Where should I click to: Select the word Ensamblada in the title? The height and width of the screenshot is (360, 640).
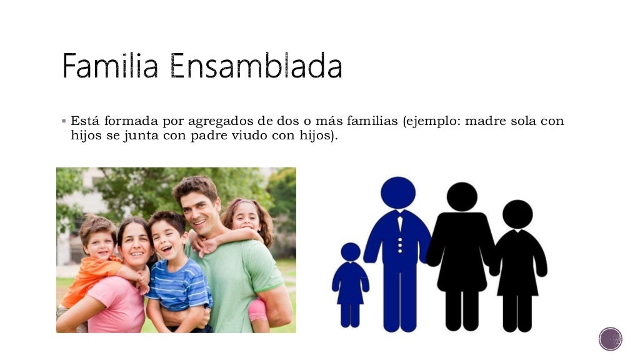(x=256, y=66)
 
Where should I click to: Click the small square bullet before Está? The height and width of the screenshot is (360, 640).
(x=64, y=121)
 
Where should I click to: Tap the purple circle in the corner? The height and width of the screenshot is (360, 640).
(x=610, y=339)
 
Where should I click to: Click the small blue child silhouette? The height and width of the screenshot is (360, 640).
(x=350, y=284)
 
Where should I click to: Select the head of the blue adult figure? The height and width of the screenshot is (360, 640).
(x=398, y=192)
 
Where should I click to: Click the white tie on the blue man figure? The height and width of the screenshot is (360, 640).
(x=399, y=222)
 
